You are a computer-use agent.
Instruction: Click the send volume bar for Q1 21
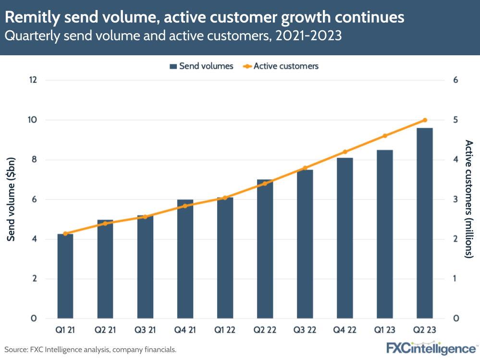point(65,276)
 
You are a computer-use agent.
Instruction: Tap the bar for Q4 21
point(185,260)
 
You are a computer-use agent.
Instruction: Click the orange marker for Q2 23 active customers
point(424,120)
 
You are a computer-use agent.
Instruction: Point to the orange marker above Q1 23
point(384,136)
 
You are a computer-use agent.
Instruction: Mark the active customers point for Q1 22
point(225,198)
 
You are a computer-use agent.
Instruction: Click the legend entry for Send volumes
point(201,66)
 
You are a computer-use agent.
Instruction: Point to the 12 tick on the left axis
point(33,80)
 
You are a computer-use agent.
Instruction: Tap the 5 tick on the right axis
point(456,120)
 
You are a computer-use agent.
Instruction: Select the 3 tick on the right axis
point(456,199)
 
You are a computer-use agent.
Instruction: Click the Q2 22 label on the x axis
point(265,331)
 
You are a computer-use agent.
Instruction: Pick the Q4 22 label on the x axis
point(345,331)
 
